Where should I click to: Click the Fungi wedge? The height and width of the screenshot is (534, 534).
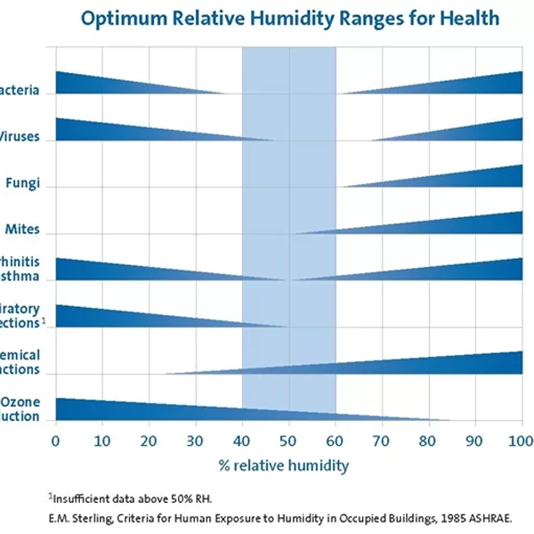coord(481,178)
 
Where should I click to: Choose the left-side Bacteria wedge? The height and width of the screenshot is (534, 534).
coord(98,85)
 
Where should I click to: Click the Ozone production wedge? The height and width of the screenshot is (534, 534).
coord(133,409)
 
